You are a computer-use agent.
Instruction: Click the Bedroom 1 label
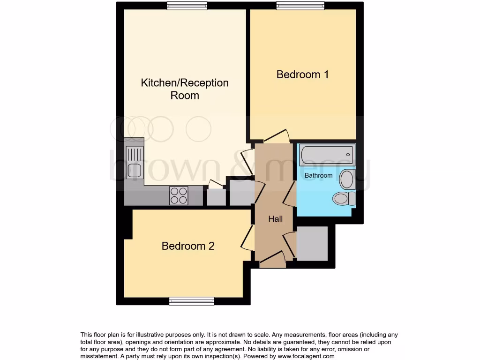coord(302,74)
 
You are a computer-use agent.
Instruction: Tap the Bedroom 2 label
coord(188,246)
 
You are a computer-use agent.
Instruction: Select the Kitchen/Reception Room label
coord(185,89)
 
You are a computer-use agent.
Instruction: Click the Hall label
coord(275,218)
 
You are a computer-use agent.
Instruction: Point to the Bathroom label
coord(318,175)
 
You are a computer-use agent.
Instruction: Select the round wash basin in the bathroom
coord(347,179)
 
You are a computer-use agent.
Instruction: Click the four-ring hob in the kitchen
coord(179,195)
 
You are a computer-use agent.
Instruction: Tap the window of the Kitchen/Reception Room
coord(184,6)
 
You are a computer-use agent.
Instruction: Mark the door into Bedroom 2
coord(247,238)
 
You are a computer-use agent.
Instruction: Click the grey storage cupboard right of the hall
coord(312,243)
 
